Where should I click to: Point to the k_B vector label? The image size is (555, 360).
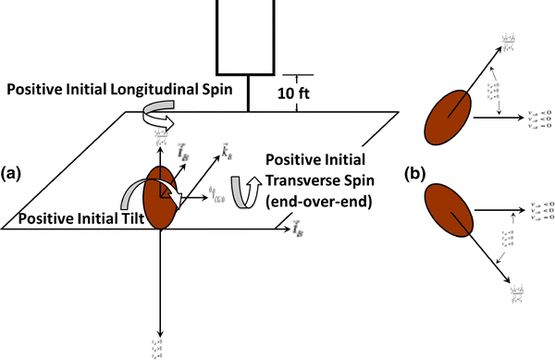click(x=226, y=151)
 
